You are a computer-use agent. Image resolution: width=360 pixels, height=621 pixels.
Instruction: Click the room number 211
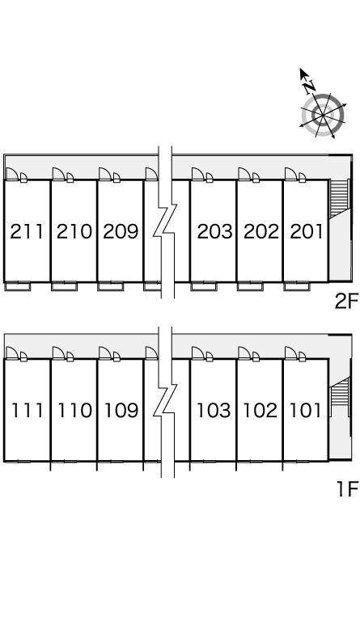pyautogui.click(x=27, y=232)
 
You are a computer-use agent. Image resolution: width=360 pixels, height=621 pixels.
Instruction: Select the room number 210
pyautogui.click(x=74, y=232)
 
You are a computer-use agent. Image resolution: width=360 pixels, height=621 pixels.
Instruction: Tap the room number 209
pyautogui.click(x=121, y=232)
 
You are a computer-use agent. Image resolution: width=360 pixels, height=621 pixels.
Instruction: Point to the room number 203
pyautogui.click(x=214, y=232)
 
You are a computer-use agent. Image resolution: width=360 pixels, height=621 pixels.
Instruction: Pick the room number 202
pyautogui.click(x=261, y=232)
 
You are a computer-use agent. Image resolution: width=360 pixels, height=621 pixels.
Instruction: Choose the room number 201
pyautogui.click(x=307, y=232)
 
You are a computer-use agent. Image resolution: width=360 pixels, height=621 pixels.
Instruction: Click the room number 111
pyautogui.click(x=27, y=410)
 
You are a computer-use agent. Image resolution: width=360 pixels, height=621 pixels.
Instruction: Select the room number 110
pyautogui.click(x=74, y=410)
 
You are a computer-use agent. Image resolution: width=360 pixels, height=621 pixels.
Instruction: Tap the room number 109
pyautogui.click(x=121, y=410)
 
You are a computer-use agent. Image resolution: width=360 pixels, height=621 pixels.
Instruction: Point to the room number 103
pyautogui.click(x=214, y=410)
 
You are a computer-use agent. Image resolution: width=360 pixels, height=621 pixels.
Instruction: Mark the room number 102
pyautogui.click(x=260, y=410)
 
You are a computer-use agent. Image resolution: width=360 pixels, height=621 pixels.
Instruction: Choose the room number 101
pyautogui.click(x=305, y=410)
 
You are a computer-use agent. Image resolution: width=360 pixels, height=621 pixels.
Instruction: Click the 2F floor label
pyautogui.click(x=346, y=302)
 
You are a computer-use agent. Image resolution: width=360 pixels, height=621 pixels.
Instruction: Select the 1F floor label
pyautogui.click(x=347, y=488)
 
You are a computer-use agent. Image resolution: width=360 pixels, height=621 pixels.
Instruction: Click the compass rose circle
pyautogui.click(x=323, y=116)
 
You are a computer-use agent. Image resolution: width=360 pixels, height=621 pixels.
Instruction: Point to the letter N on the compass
pyautogui.click(x=309, y=86)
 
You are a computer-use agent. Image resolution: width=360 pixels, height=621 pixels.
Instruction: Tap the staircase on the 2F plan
pyautogui.click(x=340, y=197)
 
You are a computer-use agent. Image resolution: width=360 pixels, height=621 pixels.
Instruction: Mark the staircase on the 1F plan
pyautogui.click(x=340, y=391)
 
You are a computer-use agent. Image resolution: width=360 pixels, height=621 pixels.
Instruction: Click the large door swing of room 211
pyautogui.click(x=12, y=174)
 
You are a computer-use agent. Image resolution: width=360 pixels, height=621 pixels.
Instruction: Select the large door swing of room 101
pyautogui.click(x=291, y=353)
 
